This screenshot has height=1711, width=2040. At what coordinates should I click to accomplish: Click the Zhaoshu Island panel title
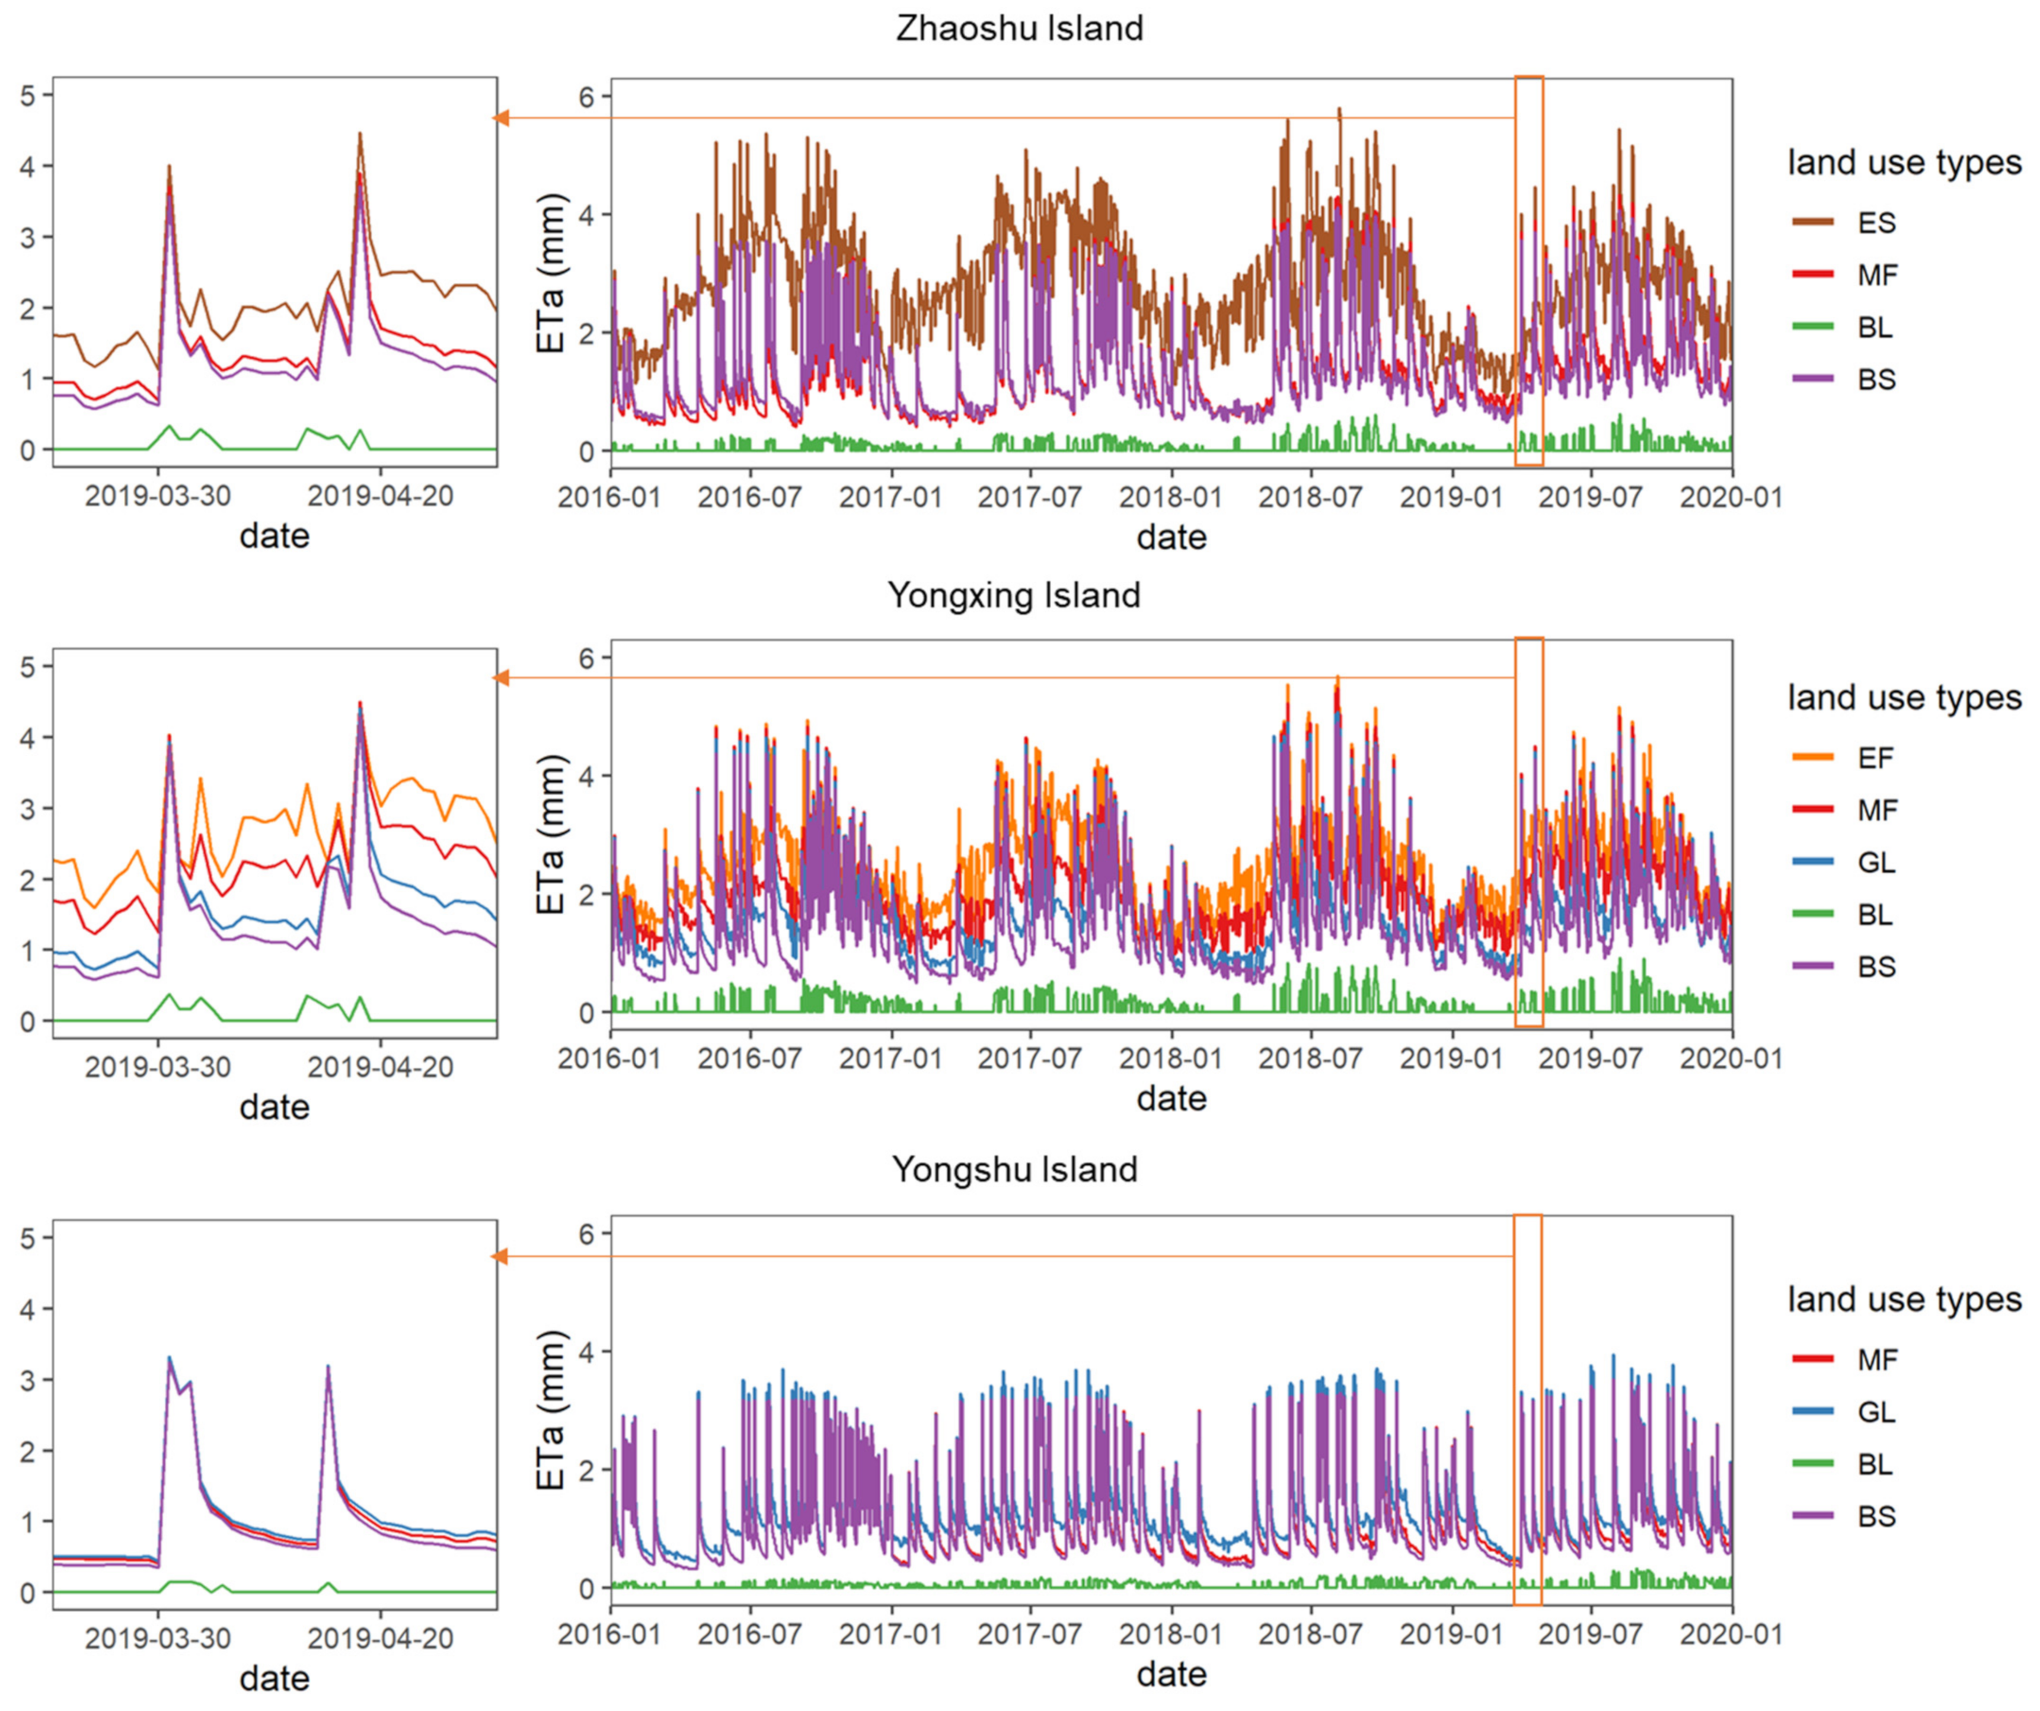point(1019,28)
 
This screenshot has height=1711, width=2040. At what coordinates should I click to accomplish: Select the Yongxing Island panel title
point(1014,595)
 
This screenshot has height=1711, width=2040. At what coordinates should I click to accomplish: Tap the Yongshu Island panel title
point(1014,1169)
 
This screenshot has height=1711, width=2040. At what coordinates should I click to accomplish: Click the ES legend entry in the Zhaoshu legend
point(1875,222)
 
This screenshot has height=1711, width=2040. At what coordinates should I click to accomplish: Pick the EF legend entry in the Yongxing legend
point(1875,758)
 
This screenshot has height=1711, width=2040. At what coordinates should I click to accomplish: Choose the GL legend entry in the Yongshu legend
point(1875,1412)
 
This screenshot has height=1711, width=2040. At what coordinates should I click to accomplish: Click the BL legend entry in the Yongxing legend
point(1875,914)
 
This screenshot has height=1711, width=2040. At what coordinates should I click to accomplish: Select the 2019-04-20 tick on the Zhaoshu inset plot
point(381,496)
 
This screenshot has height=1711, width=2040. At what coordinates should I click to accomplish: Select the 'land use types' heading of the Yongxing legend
point(1904,698)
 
